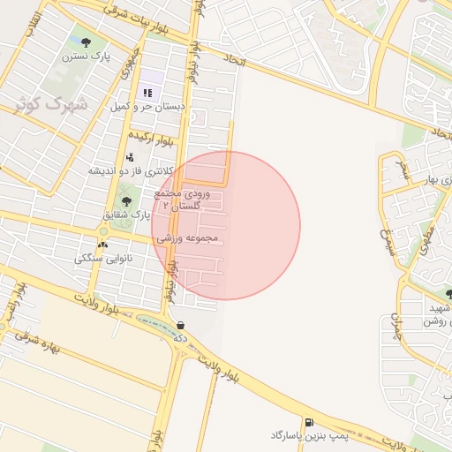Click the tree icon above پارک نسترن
click(x=86, y=41)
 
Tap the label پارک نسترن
click(x=85, y=56)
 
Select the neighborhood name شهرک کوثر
click(x=50, y=103)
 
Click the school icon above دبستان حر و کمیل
click(x=147, y=93)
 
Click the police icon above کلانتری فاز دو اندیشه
click(x=131, y=157)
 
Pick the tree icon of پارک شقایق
click(x=125, y=201)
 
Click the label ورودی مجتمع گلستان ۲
click(x=180, y=199)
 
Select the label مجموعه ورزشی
click(x=187, y=238)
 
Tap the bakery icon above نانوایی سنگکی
click(x=102, y=245)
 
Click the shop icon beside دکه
click(x=181, y=325)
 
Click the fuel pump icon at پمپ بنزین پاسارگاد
click(x=308, y=423)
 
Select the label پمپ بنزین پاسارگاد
click(x=310, y=436)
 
